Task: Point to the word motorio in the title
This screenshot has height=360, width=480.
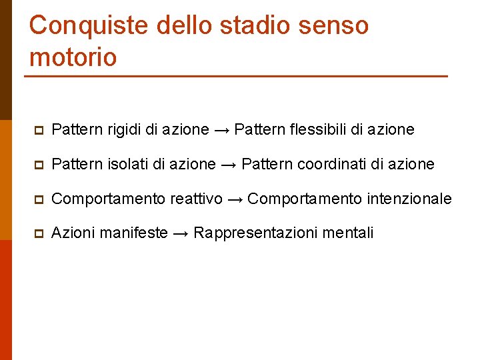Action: tap(73, 57)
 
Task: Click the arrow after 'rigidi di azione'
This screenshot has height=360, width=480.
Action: tap(222, 130)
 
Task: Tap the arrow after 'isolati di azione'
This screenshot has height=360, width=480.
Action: tap(229, 165)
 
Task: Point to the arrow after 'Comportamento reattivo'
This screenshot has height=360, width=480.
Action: tap(235, 199)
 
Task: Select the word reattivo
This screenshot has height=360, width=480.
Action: tap(197, 199)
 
